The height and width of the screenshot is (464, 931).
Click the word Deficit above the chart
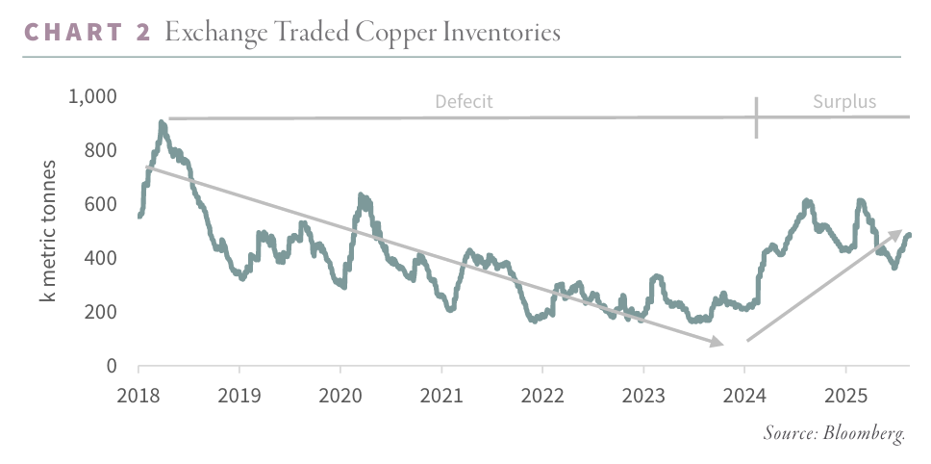[x=464, y=101]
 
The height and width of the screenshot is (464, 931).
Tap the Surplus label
[x=844, y=101]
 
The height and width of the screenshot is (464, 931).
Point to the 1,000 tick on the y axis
[x=91, y=96]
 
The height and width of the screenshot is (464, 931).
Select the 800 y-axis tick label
[x=101, y=150]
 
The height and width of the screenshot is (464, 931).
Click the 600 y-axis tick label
[x=101, y=204]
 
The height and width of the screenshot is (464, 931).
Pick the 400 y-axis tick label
[x=101, y=258]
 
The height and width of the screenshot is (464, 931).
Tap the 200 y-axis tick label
[x=101, y=312]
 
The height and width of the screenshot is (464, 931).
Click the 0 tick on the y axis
[x=112, y=366]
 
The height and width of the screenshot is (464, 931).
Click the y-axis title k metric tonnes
[x=48, y=231]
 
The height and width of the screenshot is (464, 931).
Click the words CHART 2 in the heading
[x=87, y=33]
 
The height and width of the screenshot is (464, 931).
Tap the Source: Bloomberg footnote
[x=834, y=433]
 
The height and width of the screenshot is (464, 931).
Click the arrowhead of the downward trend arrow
[x=717, y=342]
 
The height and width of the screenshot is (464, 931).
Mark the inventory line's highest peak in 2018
[x=162, y=123]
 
